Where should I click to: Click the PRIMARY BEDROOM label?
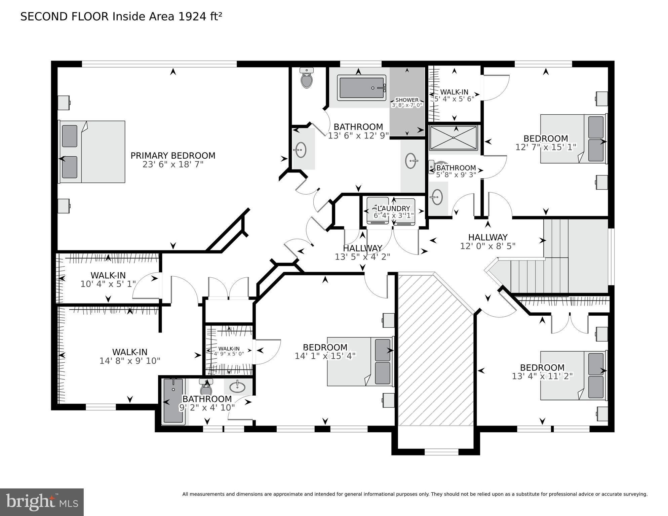(173, 156)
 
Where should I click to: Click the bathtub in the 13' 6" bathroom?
(362, 88)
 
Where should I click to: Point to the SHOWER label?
(407, 100)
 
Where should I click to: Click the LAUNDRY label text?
(394, 209)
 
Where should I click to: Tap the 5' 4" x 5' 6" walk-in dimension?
(454, 99)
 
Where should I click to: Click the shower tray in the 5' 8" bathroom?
(454, 138)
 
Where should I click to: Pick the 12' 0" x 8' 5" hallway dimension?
(487, 246)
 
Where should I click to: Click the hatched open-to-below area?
(435, 350)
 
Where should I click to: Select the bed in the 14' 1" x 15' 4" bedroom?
(360, 362)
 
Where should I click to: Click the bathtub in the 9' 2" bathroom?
(173, 401)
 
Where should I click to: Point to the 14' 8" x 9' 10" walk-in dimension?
(130, 361)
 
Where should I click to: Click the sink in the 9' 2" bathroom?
(237, 387)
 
